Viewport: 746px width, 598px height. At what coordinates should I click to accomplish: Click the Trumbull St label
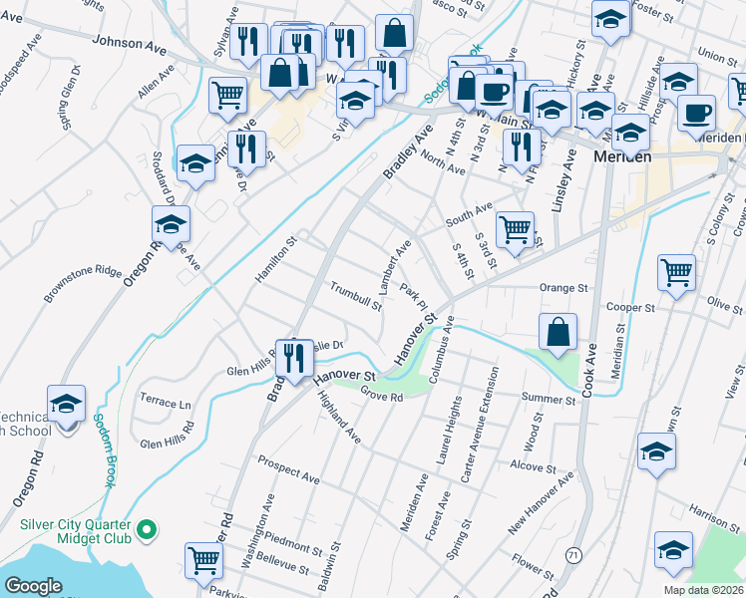[357, 296]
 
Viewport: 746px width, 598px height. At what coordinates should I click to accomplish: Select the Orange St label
[563, 288]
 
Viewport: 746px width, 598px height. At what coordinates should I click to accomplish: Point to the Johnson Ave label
[129, 44]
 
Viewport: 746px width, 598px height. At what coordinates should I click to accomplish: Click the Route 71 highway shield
[572, 554]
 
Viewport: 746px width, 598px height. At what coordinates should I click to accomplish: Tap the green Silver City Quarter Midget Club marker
[147, 528]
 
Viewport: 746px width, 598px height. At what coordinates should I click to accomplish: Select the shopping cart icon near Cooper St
[676, 271]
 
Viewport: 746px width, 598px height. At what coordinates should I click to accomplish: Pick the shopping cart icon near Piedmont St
[204, 560]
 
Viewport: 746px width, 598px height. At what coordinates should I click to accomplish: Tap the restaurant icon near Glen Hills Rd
[293, 358]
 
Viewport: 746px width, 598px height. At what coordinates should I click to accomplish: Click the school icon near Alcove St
[656, 450]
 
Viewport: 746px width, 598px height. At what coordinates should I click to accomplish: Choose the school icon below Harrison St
[673, 549]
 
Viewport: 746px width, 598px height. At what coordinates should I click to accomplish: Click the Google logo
[34, 586]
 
